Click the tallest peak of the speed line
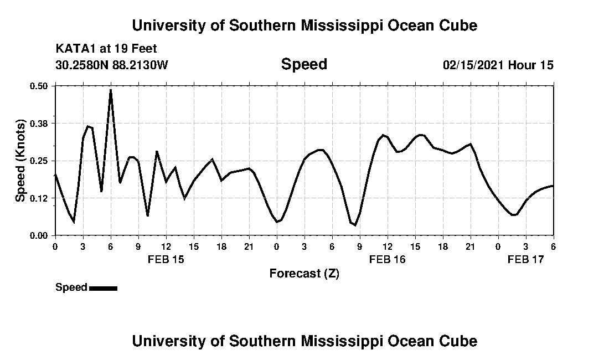pyautogui.click(x=111, y=90)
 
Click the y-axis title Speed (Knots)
pyautogui.click(x=20, y=160)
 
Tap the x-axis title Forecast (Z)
pyautogui.click(x=304, y=274)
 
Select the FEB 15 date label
pyautogui.click(x=166, y=259)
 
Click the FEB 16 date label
pyautogui.click(x=388, y=259)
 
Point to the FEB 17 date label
pyautogui.click(x=526, y=259)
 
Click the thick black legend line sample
pyautogui.click(x=103, y=288)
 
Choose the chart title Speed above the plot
pyautogui.click(x=304, y=64)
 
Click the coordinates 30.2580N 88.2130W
pyautogui.click(x=112, y=65)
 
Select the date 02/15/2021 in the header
pyautogui.click(x=473, y=65)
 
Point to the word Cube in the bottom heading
pyautogui.click(x=460, y=341)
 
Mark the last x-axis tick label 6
pyautogui.click(x=553, y=246)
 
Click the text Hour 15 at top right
pyautogui.click(x=531, y=65)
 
